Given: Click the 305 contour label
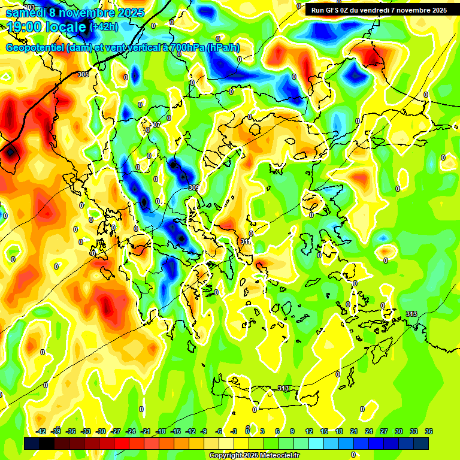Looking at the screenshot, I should pos(83,74).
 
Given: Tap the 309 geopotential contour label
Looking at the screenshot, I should pos(193,187).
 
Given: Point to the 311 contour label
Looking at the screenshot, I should pos(246,241).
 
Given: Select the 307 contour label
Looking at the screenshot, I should pos(155,125).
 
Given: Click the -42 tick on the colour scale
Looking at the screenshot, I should pos(41,431).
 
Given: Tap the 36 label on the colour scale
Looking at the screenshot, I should pos(429,431).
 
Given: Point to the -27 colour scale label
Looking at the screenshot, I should pos(116,431).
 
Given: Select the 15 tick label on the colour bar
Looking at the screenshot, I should pos(324,431).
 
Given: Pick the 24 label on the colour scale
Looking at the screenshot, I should pos(369,431).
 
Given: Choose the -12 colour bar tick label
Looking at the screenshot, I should pos(190,431).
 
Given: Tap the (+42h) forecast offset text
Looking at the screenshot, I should pos(104,27).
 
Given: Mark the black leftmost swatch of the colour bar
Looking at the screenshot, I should pos(32,443).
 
